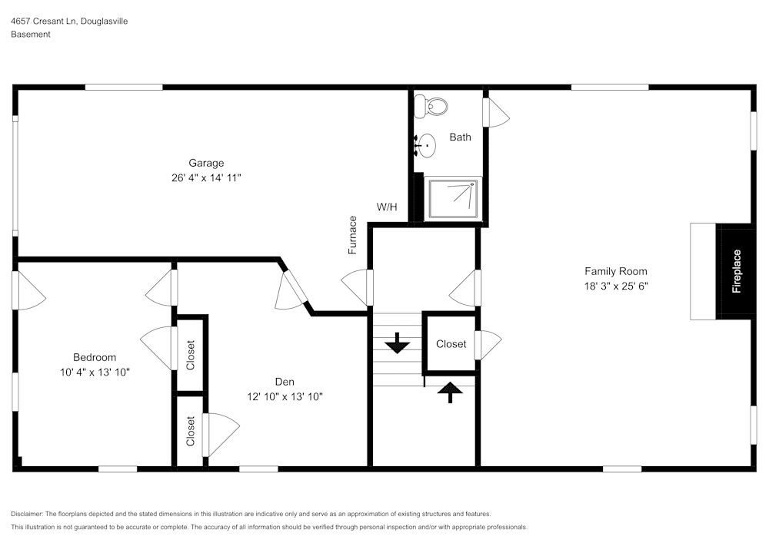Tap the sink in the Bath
pos(424,144)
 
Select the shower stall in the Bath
pos(452,198)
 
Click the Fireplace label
pos(737,271)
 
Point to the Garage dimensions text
pos(206,177)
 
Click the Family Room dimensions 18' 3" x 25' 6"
pos(615,286)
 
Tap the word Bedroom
pos(95,357)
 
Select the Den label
pos(285,382)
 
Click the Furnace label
pos(353,235)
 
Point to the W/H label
pos(387,207)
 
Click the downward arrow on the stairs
pos(397,343)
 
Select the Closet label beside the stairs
pos(451,344)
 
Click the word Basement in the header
pos(31,35)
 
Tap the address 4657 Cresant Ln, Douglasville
pos(68,22)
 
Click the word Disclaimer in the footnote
pos(27,514)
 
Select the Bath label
pos(460,137)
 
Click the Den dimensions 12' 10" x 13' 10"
pos(285,397)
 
